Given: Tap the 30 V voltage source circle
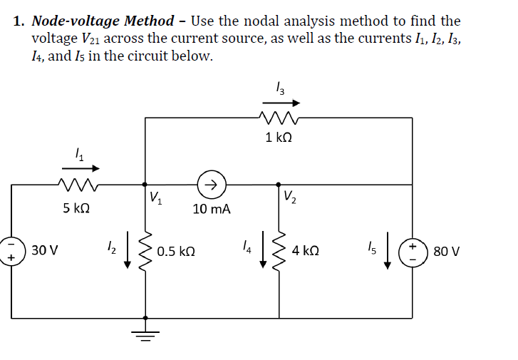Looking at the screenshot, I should click(11, 250).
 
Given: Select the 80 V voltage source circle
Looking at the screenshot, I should click(414, 250).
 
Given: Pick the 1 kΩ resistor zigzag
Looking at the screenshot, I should click(277, 118).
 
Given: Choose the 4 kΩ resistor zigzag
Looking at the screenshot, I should click(279, 250).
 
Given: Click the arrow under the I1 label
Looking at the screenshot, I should click(82, 168).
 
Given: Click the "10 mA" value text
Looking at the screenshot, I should click(211, 210).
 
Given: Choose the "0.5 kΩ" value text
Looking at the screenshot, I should click(175, 252).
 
